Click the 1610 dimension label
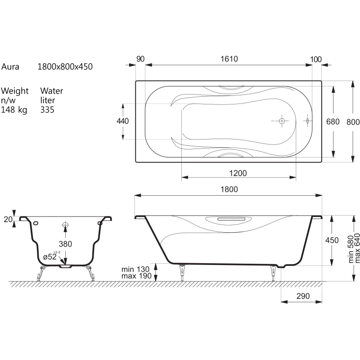(229, 59)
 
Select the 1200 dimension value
(238, 173)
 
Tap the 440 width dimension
(122, 121)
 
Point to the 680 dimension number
(333, 121)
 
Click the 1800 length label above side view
(229, 189)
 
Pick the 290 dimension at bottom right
(303, 296)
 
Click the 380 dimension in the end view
(65, 244)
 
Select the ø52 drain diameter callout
(50, 256)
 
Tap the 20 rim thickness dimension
(8, 220)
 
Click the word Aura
(10, 67)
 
